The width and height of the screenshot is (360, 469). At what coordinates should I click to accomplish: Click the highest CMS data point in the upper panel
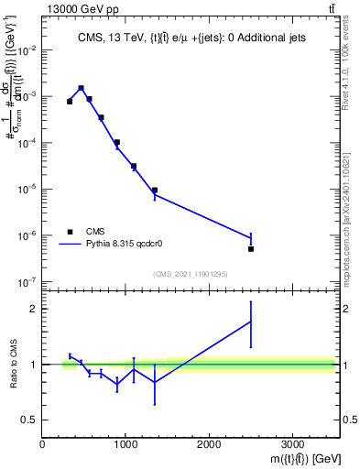[82, 88]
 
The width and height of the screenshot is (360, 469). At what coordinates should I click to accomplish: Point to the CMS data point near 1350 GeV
[155, 191]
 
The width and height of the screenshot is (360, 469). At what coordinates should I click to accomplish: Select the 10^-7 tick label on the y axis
[27, 282]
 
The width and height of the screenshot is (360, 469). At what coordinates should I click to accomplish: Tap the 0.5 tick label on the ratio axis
[29, 420]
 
